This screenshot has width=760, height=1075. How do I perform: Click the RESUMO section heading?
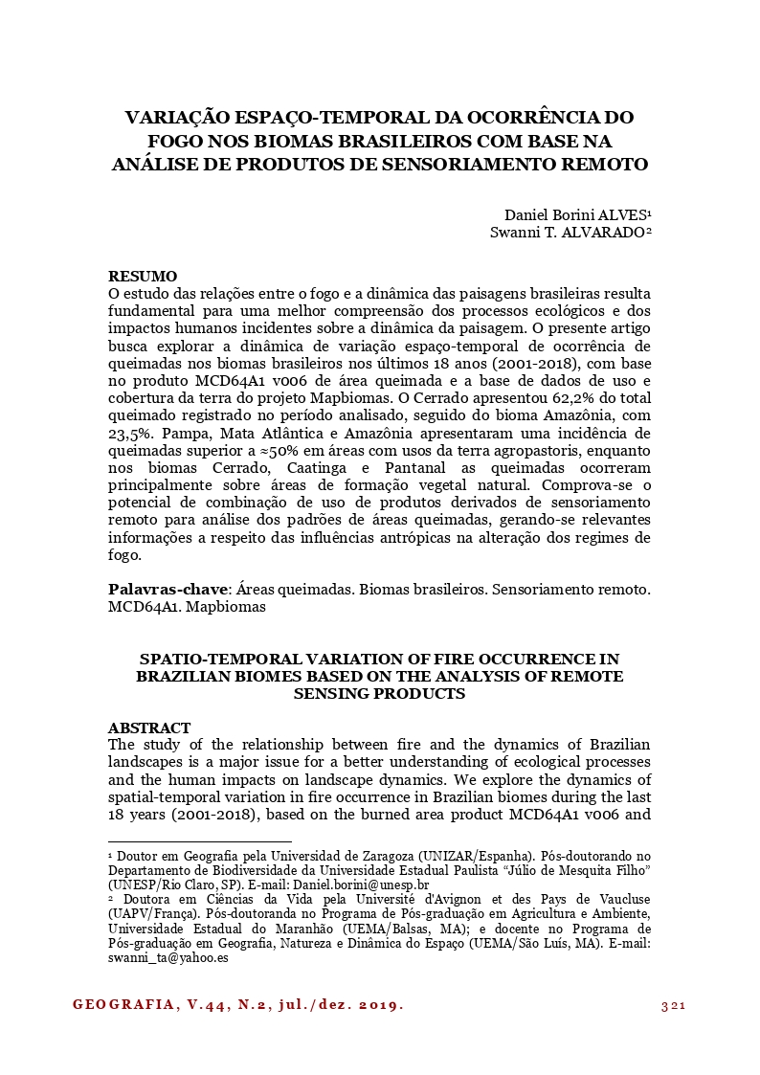click(142, 277)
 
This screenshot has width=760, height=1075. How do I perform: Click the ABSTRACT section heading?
click(149, 728)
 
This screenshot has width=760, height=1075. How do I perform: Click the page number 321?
click(675, 1005)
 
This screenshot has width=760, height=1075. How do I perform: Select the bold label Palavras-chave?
click(168, 590)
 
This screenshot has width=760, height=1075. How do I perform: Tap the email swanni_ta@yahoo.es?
click(168, 956)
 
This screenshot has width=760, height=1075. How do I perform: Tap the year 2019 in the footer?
click(380, 1005)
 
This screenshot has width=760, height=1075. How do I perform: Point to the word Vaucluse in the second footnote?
click(617, 900)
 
